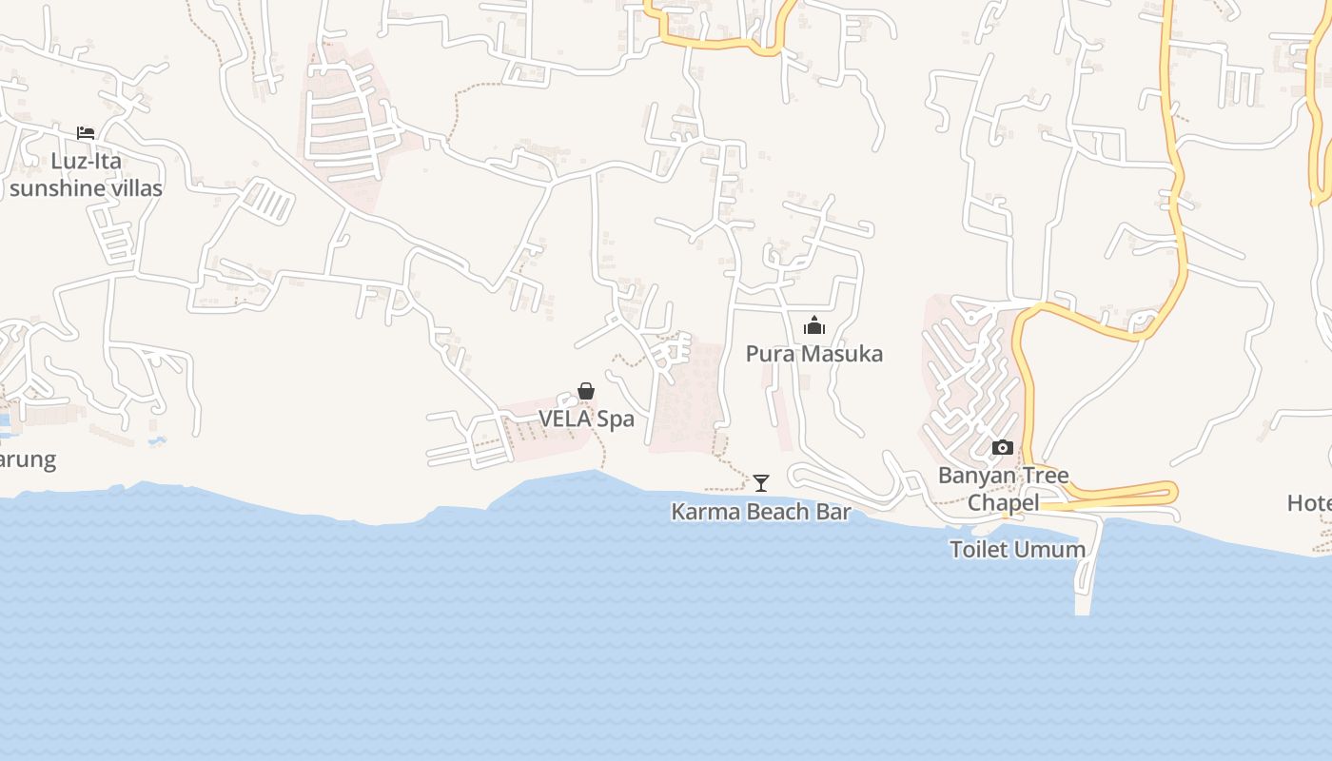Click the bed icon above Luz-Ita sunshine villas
(86, 133)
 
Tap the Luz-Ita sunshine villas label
(86, 175)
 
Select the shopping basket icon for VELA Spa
(586, 391)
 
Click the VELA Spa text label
(586, 419)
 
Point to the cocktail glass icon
(761, 483)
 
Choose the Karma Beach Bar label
(761, 512)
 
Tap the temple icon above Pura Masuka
(814, 326)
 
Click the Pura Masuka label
(814, 354)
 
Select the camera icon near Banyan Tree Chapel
(1003, 447)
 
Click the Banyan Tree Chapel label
(1004, 488)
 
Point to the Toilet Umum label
(1017, 549)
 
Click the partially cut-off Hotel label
(1310, 502)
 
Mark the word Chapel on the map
(1003, 502)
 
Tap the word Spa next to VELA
(616, 419)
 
